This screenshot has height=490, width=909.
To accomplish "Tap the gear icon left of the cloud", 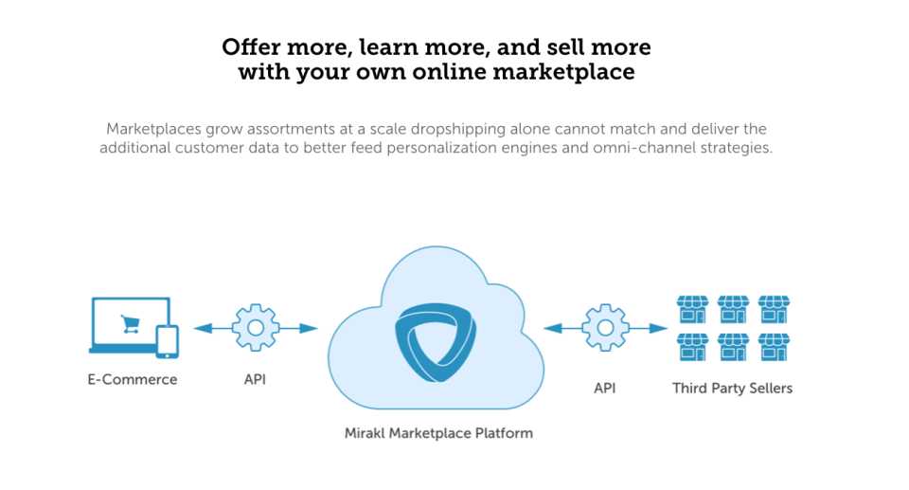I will point(255,328).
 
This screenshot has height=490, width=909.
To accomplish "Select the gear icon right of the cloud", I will point(605,328).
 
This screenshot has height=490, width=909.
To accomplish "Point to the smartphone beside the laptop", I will point(167,341).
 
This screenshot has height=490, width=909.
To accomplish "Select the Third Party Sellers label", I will point(732,388).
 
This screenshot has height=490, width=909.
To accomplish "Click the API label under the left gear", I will point(255,380).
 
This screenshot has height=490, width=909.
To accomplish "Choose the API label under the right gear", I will point(605,388).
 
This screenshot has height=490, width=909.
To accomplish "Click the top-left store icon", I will point(692,309).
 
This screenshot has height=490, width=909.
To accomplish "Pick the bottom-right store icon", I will point(774,347).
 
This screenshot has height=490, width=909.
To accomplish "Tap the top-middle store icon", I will point(733,309).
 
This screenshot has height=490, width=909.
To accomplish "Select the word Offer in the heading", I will point(249,46).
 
